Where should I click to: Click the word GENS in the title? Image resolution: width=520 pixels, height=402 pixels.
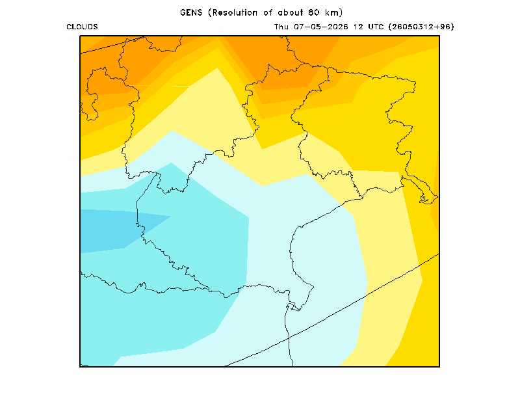pyautogui.click(x=191, y=12)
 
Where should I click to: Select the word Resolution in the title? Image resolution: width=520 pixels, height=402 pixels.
pyautogui.click(x=235, y=12)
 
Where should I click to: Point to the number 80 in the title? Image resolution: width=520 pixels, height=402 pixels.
pyautogui.click(x=313, y=12)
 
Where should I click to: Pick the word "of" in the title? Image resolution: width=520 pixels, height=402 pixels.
pyautogui.click(x=268, y=12)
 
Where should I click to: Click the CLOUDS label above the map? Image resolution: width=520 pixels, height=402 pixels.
pyautogui.click(x=82, y=27)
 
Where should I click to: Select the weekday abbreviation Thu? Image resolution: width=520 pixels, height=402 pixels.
pyautogui.click(x=281, y=27)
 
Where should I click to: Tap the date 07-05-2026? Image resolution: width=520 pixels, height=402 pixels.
pyautogui.click(x=321, y=27)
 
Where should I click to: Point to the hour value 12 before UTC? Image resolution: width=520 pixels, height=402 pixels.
pyautogui.click(x=358, y=27)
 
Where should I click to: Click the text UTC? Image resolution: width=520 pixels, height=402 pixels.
pyautogui.click(x=376, y=27)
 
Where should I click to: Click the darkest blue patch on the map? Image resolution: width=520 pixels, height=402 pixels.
pyautogui.click(x=112, y=230)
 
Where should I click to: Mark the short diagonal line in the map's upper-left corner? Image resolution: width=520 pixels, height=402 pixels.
pyautogui.click(x=112, y=45)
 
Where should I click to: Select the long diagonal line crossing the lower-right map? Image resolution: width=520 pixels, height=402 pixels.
pyautogui.click(x=332, y=310)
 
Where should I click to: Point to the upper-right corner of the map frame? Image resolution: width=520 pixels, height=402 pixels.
pyautogui.click(x=439, y=36)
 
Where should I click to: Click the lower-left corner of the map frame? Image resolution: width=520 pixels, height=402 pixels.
pyautogui.click(x=80, y=366)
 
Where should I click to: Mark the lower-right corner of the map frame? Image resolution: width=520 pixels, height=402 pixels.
pyautogui.click(x=439, y=366)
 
